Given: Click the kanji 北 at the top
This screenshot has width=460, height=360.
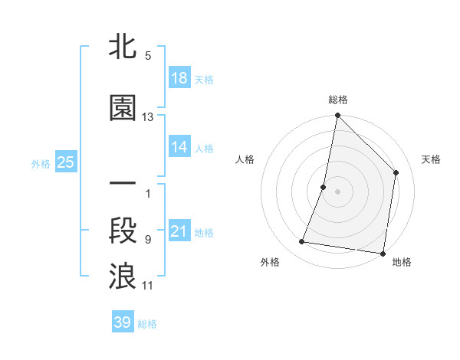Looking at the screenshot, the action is pyautogui.click(x=123, y=47).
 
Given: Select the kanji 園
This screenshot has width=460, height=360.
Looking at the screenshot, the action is pyautogui.click(x=123, y=109).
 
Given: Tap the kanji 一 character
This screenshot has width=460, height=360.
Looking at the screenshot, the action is pyautogui.click(x=123, y=185).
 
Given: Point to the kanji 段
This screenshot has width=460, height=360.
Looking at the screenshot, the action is pyautogui.click(x=123, y=231).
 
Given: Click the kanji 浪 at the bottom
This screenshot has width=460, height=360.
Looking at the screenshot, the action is pyautogui.click(x=123, y=276).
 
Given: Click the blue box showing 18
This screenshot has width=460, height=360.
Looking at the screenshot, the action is pyautogui.click(x=179, y=77).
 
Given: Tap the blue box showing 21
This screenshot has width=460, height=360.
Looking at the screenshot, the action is pyautogui.click(x=179, y=231).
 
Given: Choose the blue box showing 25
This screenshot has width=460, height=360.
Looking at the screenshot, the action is pyautogui.click(x=65, y=162).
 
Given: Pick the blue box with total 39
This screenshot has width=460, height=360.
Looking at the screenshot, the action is pyautogui.click(x=123, y=322).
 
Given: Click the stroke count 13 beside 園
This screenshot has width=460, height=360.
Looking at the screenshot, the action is pyautogui.click(x=148, y=117).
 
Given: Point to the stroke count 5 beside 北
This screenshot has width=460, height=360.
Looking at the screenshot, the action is pyautogui.click(x=148, y=56).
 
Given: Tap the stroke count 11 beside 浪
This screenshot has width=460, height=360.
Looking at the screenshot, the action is pyautogui.click(x=148, y=286).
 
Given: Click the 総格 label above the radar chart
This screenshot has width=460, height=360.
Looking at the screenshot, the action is pyautogui.click(x=338, y=100).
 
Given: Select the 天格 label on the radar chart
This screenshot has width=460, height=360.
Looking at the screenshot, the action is pyautogui.click(x=432, y=159).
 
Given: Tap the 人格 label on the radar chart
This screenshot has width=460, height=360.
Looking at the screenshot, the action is pyautogui.click(x=245, y=159).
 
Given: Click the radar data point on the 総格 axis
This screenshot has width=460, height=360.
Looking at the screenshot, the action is pyautogui.click(x=337, y=116).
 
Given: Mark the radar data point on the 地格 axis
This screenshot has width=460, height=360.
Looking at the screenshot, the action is pyautogui.click(x=383, y=253).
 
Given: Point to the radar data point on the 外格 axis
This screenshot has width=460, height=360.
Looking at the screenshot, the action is pyautogui.click(x=302, y=242).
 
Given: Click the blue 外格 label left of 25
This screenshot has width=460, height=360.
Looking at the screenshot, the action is pyautogui.click(x=41, y=163).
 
